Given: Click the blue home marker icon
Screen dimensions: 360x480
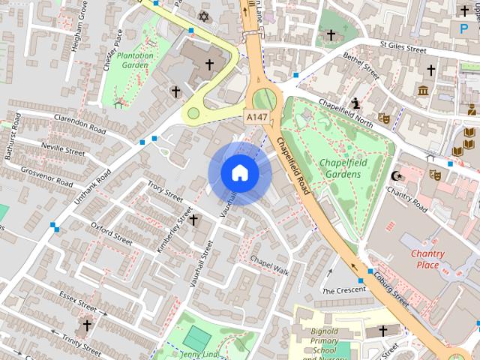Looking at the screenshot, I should click(239, 172).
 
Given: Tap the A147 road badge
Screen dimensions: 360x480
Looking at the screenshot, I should click(256, 118).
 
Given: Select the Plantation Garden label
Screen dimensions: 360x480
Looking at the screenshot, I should click(135, 60).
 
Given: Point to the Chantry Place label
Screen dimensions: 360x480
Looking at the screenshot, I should click(427, 259).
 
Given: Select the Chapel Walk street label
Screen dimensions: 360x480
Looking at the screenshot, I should click(269, 265).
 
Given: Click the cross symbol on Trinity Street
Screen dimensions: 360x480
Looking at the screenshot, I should click(87, 325).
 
